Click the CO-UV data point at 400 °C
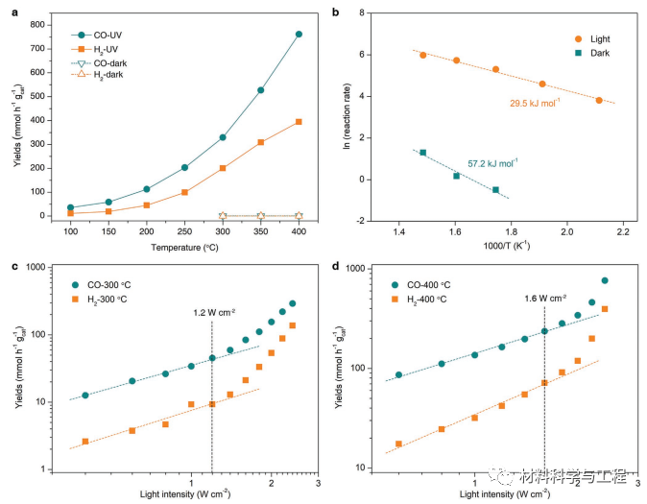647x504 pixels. (x=299, y=35)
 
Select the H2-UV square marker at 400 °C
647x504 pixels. (x=299, y=122)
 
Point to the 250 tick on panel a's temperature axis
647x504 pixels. (x=184, y=231)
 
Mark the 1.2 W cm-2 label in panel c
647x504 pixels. (x=211, y=312)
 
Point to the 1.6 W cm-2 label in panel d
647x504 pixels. (x=544, y=299)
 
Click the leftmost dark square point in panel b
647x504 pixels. (x=422, y=153)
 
